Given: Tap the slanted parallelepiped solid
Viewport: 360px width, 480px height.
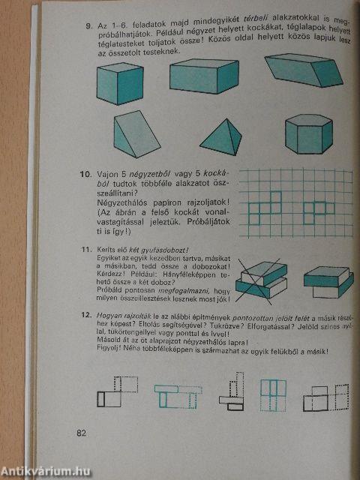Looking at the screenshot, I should pyautogui.click(x=302, y=72).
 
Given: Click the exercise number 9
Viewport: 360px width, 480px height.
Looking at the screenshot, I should pyautogui.click(x=88, y=28).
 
